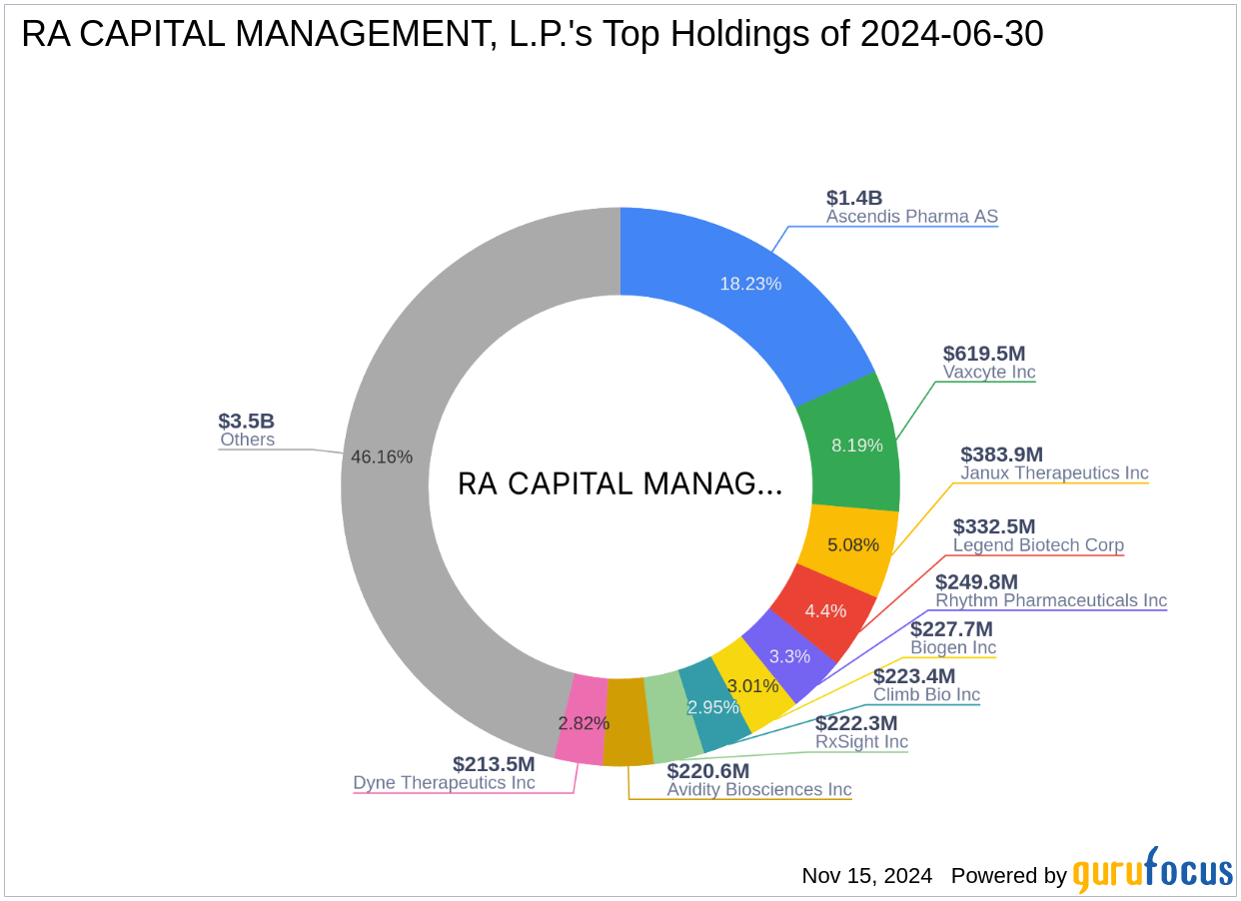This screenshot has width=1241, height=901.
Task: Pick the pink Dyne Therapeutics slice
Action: [581, 722]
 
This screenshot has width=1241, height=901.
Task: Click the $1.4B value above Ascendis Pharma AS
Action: [854, 198]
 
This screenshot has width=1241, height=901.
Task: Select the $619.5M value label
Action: [984, 354]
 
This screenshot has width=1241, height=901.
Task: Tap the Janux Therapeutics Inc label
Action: [1054, 473]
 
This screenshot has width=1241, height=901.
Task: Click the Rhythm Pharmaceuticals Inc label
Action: [1050, 600]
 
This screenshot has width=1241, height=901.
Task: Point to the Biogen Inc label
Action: [952, 647]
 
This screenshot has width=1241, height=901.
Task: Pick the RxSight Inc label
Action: [861, 741]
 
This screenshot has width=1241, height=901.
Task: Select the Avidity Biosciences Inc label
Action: [759, 789]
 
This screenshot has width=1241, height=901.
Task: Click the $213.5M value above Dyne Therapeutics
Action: [494, 764]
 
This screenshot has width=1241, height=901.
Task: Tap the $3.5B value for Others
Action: [246, 421]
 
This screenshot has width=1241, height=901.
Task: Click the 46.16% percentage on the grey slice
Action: [382, 456]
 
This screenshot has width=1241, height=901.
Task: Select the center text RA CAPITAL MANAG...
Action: [620, 484]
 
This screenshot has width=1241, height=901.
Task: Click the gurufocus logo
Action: [1152, 872]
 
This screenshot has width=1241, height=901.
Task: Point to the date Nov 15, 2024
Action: [866, 876]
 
